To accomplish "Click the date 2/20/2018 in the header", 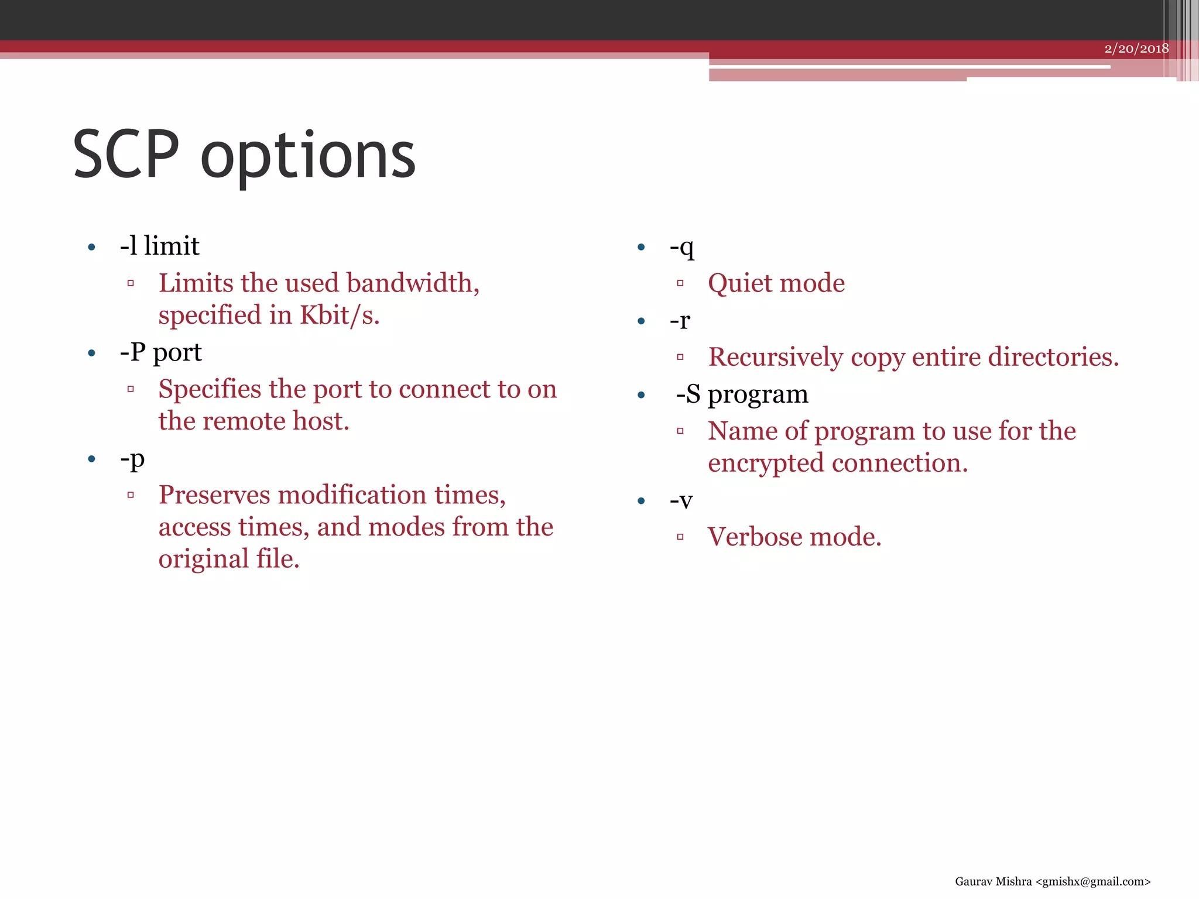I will pyautogui.click(x=1136, y=49).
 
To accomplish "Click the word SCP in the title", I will pyautogui.click(x=126, y=155).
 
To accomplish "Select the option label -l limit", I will pyautogui.click(x=159, y=246).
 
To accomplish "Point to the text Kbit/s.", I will pyautogui.click(x=340, y=315).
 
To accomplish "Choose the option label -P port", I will pyautogui.click(x=160, y=352).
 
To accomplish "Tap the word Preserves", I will pyautogui.click(x=214, y=495).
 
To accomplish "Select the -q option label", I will pyautogui.click(x=682, y=247).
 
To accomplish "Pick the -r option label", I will pyautogui.click(x=680, y=321).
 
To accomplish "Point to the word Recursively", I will pyautogui.click(x=775, y=358).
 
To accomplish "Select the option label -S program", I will pyautogui.click(x=742, y=394).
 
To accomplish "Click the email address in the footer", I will pyautogui.click(x=1092, y=881).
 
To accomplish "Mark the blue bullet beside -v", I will pyautogui.click(x=641, y=501).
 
